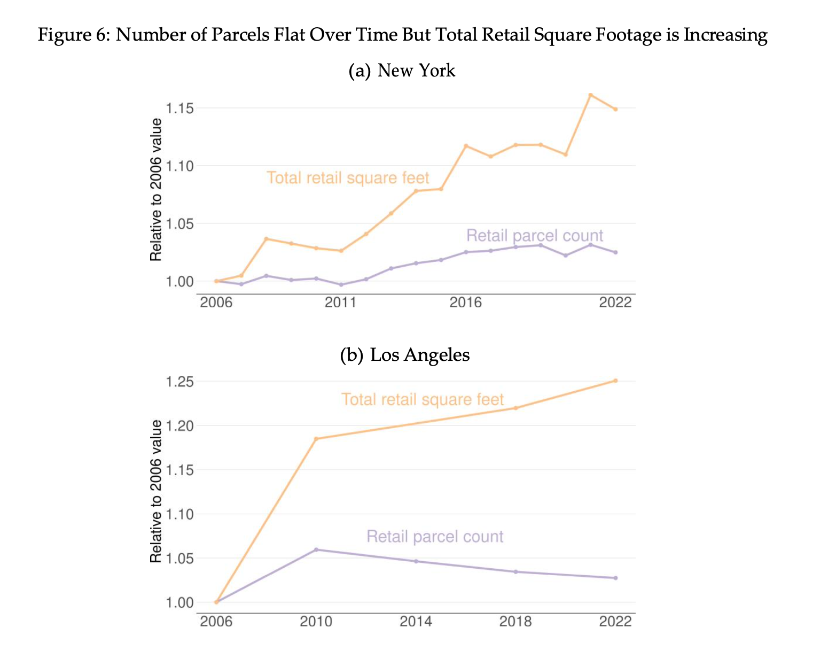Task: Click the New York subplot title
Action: coord(402,71)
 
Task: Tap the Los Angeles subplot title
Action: coord(405,355)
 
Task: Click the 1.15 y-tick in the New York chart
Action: coord(178,109)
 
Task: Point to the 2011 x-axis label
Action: coord(340,303)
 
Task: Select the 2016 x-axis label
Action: coord(465,303)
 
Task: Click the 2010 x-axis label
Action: coord(316,622)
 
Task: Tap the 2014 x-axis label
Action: coord(416,622)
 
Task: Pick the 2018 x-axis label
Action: coord(515,622)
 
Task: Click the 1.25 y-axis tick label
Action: coord(178,382)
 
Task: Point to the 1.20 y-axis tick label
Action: coord(178,426)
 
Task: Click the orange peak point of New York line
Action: coord(590,95)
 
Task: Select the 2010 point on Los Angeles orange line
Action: coord(316,439)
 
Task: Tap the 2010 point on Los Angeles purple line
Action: coord(316,549)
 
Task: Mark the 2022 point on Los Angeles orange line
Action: coord(615,381)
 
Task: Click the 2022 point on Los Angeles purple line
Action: coord(615,578)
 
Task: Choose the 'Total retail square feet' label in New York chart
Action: coord(348,178)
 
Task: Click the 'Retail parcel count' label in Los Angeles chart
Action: coord(435,537)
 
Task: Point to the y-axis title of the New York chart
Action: coord(156,190)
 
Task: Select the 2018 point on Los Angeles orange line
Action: coord(515,408)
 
